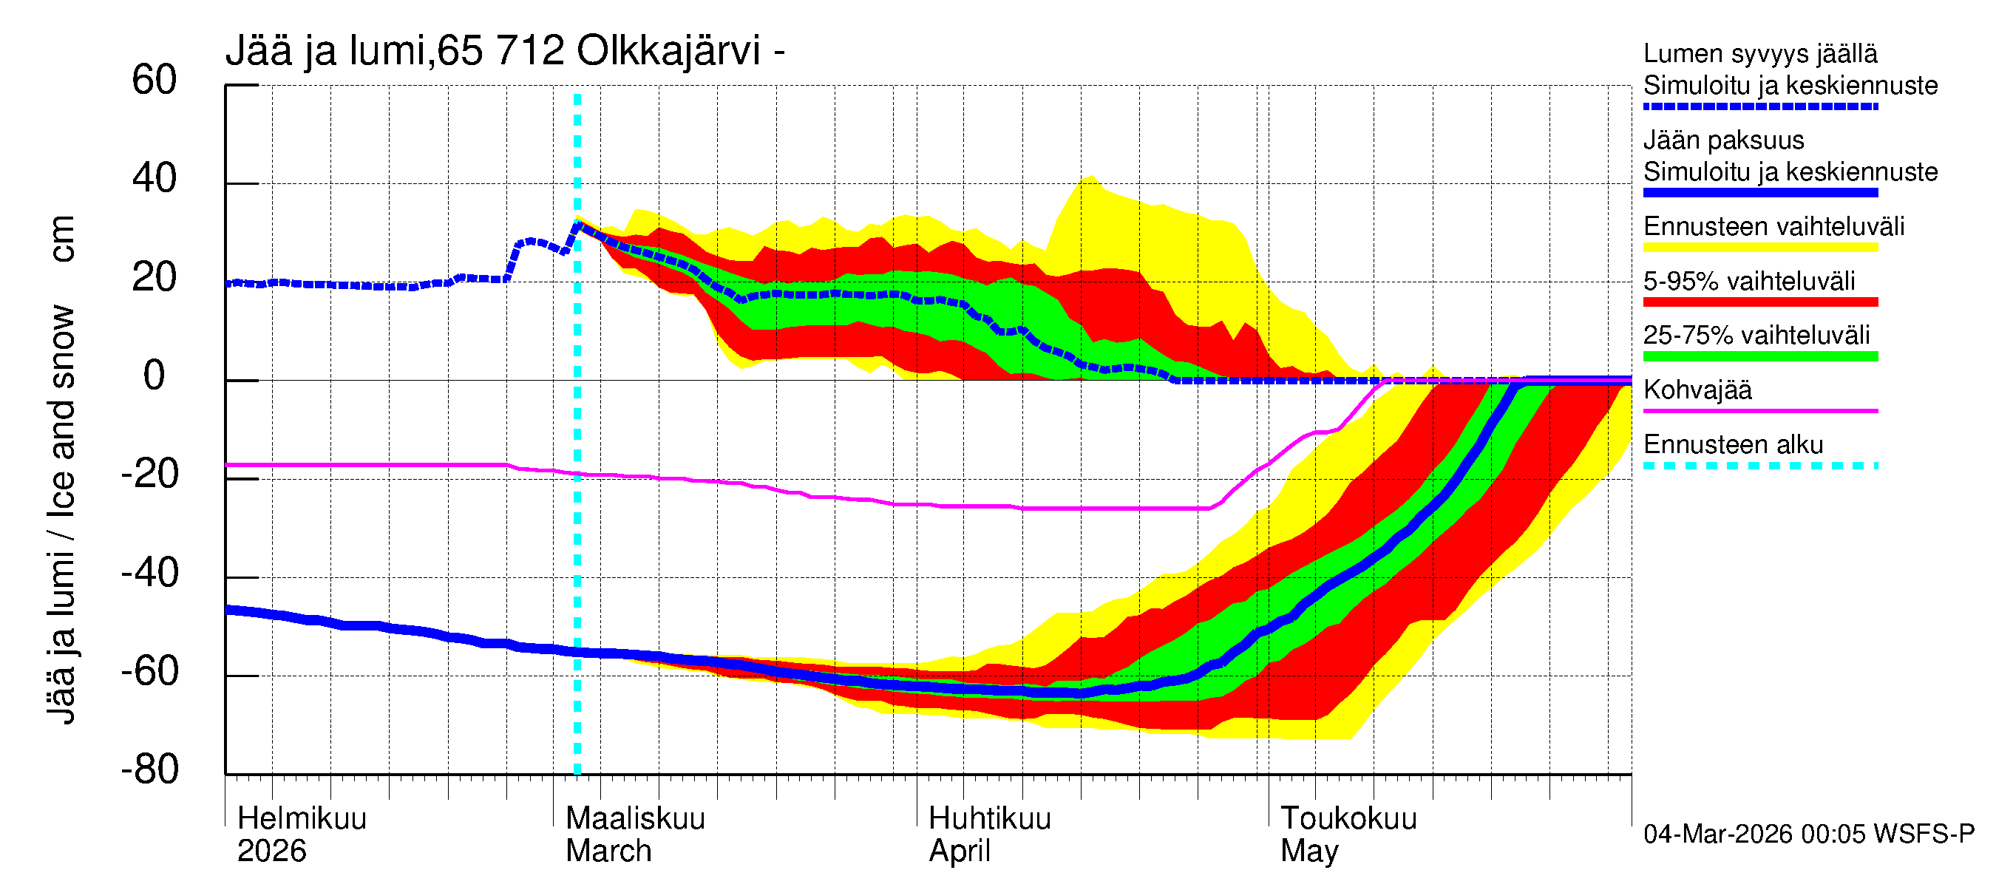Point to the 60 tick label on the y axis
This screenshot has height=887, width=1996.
(x=155, y=80)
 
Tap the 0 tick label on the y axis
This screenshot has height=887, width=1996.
(x=155, y=375)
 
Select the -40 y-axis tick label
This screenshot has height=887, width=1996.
(x=150, y=574)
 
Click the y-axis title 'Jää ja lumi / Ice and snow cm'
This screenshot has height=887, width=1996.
(x=61, y=469)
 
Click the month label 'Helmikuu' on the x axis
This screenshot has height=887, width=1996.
(x=302, y=818)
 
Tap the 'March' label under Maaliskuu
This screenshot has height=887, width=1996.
(x=608, y=851)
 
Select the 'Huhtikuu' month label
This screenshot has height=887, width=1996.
(x=989, y=818)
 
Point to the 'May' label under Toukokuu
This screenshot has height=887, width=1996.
(x=1308, y=851)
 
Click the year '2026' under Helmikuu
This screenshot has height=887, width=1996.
(x=271, y=851)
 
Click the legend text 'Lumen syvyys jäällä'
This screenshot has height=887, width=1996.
(x=1760, y=53)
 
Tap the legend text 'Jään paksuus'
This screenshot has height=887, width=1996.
(x=1723, y=140)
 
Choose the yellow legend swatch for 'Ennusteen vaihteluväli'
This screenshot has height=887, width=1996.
(x=1760, y=248)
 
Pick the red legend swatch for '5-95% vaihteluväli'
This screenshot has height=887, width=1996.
(x=1760, y=302)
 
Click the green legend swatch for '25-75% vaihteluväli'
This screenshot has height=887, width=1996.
(x=1760, y=356)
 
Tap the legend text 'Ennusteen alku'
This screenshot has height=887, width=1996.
(x=1734, y=445)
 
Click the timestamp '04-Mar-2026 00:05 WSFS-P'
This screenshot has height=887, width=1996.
(x=1808, y=834)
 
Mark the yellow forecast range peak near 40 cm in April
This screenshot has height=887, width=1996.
(x=1091, y=177)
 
